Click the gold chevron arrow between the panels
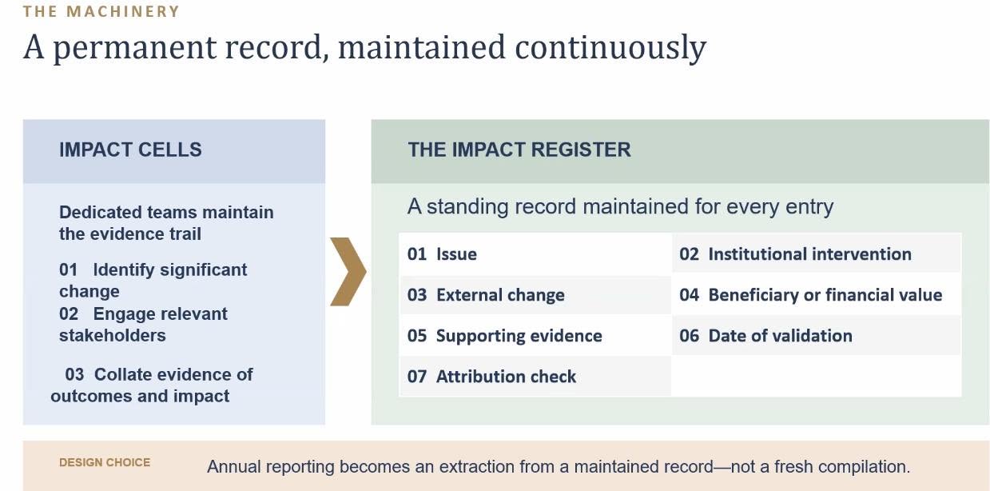pyautogui.click(x=349, y=272)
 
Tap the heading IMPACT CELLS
pyautogui.click(x=130, y=150)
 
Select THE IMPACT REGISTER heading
pyautogui.click(x=519, y=150)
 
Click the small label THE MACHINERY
pyautogui.click(x=101, y=11)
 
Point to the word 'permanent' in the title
pyautogui.click(x=135, y=48)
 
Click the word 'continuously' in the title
pyautogui.click(x=610, y=47)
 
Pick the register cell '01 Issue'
pyautogui.click(x=535, y=254)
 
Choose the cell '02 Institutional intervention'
pyautogui.click(x=817, y=254)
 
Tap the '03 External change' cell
pyautogui.click(x=535, y=295)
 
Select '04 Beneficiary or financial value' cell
pyautogui.click(x=817, y=295)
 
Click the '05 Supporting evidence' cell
pyautogui.click(x=535, y=336)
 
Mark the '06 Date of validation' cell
pyautogui.click(x=817, y=336)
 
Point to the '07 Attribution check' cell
pyautogui.click(x=535, y=377)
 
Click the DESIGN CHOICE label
pyautogui.click(x=105, y=462)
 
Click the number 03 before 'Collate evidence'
pyautogui.click(x=74, y=375)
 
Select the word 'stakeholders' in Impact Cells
pyautogui.click(x=112, y=336)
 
